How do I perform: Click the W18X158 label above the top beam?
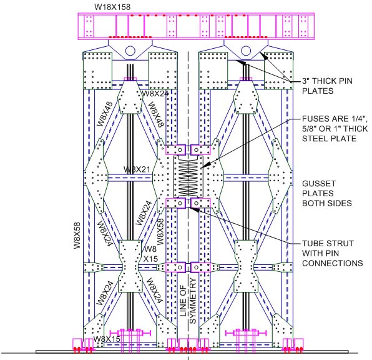112,7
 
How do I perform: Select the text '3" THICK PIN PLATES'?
327,86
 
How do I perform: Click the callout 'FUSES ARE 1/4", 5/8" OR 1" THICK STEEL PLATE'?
335,129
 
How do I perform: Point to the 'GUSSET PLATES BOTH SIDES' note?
326,193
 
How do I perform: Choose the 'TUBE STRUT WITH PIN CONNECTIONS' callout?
333,253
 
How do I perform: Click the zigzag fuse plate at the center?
188,177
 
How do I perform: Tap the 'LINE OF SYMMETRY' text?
188,301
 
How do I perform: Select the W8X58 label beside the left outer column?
77,235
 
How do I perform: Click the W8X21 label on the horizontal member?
137,169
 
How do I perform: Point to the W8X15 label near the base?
107,339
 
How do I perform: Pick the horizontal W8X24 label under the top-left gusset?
155,94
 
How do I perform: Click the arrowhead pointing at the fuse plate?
205,165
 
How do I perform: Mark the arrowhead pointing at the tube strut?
193,209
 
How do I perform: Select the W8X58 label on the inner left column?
160,232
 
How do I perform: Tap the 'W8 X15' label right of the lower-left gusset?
150,254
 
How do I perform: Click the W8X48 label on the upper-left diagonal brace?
105,114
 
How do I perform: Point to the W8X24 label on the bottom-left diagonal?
105,293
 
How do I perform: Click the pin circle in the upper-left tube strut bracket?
180,150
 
